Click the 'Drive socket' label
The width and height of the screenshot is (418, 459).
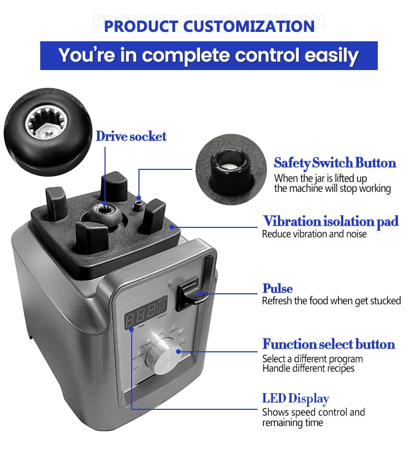[131, 136]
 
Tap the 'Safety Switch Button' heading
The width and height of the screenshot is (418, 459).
[335, 163]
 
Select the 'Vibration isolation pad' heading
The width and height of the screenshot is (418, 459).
[331, 221]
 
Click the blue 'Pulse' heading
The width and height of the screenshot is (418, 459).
[277, 289]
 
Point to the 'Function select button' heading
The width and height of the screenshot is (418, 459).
[329, 344]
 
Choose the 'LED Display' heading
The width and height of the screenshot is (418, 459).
[295, 399]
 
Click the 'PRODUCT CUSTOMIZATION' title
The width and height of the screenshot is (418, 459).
[209, 26]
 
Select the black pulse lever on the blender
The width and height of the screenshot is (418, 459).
[192, 294]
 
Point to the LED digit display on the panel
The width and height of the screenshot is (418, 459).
[145, 312]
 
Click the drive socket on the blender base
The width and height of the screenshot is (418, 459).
[105, 216]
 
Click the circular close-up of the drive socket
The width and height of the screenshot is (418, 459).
[48, 132]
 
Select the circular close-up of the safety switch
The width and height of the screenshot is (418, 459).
[231, 169]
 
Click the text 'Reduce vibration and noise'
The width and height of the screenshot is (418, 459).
[314, 234]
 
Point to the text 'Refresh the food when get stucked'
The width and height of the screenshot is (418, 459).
[331, 301]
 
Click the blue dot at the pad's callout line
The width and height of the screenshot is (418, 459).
[172, 227]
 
